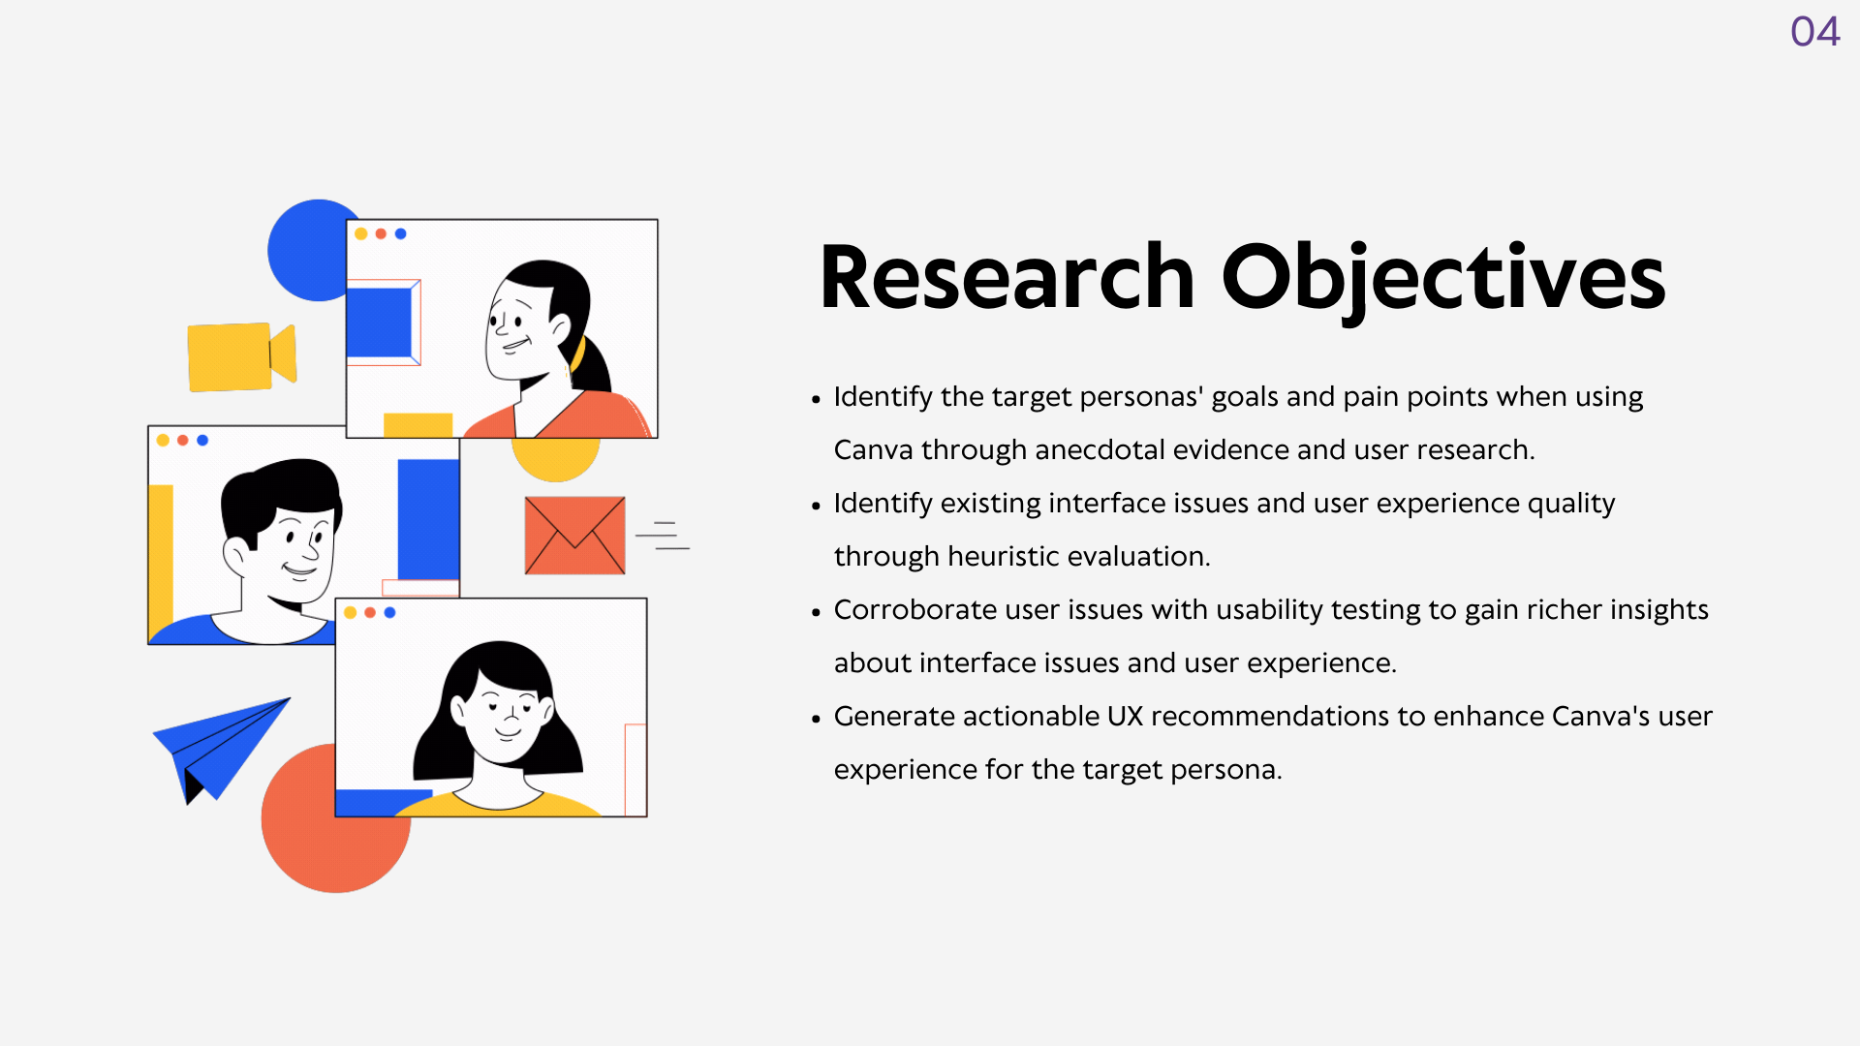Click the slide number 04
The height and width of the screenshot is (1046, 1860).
point(1814,32)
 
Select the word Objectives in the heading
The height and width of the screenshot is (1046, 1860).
point(1443,281)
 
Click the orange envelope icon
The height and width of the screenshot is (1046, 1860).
point(574,536)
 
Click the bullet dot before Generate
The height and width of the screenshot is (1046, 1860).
point(816,719)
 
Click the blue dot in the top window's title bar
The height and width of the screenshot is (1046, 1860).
point(401,233)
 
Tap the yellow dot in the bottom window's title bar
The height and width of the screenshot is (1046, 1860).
point(350,612)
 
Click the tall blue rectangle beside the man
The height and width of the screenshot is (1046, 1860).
point(428,519)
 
